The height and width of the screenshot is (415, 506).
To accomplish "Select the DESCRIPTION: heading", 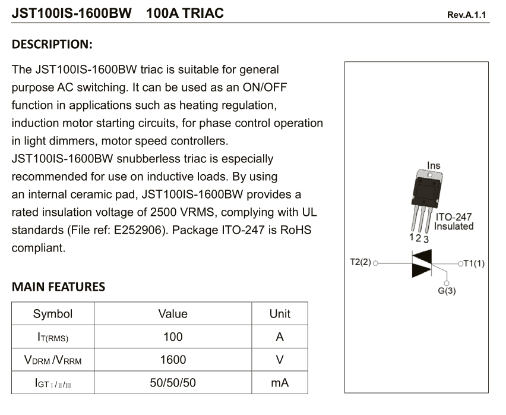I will point(52,45).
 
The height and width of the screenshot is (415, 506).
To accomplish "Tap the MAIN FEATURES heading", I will point(58,287).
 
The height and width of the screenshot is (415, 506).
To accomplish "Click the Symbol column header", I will point(53,314).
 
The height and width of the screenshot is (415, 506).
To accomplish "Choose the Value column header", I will point(173,314).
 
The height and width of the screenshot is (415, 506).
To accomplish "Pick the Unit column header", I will point(280,314).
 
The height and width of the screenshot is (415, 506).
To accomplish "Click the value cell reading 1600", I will point(173,360).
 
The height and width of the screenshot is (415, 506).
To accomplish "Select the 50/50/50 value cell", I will point(173,383).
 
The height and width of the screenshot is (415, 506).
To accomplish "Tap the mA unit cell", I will point(280,383).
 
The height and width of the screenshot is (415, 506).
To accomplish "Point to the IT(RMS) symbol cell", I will point(53,338).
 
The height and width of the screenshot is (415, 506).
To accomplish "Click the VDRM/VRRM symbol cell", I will point(53,360).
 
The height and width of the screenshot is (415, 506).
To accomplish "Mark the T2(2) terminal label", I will point(360,262).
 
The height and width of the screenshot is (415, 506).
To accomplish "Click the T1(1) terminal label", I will point(474,263).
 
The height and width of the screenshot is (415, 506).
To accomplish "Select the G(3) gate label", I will point(447,291).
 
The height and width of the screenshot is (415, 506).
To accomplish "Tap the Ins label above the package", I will point(434,165).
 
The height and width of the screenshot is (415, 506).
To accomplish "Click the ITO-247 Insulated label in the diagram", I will point(454,222).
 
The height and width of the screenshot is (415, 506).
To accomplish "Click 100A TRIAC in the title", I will point(185,12).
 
